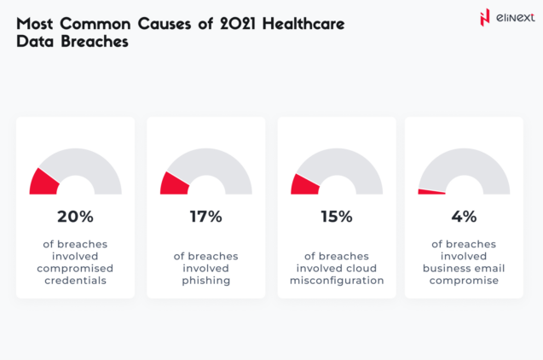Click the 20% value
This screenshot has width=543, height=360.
(75, 217)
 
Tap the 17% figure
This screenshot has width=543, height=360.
(206, 217)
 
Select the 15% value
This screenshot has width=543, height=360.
(337, 217)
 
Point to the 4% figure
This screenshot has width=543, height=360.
(465, 217)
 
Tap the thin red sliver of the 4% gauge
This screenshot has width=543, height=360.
(431, 192)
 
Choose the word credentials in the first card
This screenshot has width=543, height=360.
(75, 280)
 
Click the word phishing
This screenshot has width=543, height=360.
(206, 280)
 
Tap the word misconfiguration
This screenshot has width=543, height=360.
(337, 280)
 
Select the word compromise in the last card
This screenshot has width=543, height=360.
(465, 280)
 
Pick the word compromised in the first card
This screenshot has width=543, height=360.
(75, 268)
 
